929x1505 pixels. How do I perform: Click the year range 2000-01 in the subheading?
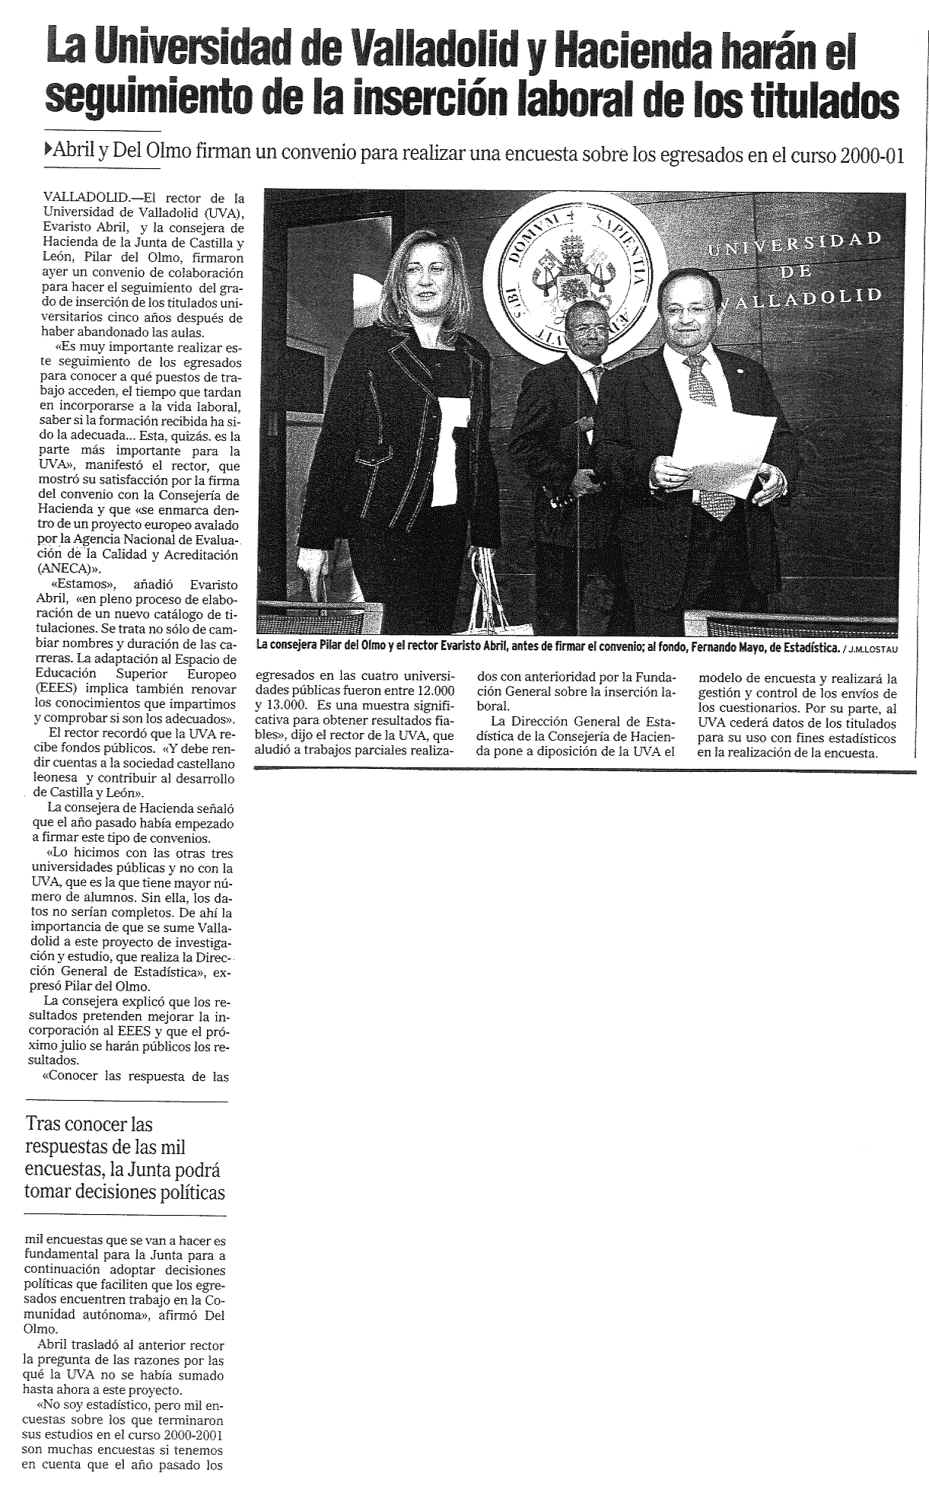[873, 155]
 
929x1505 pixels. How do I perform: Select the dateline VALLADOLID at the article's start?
[79, 196]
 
